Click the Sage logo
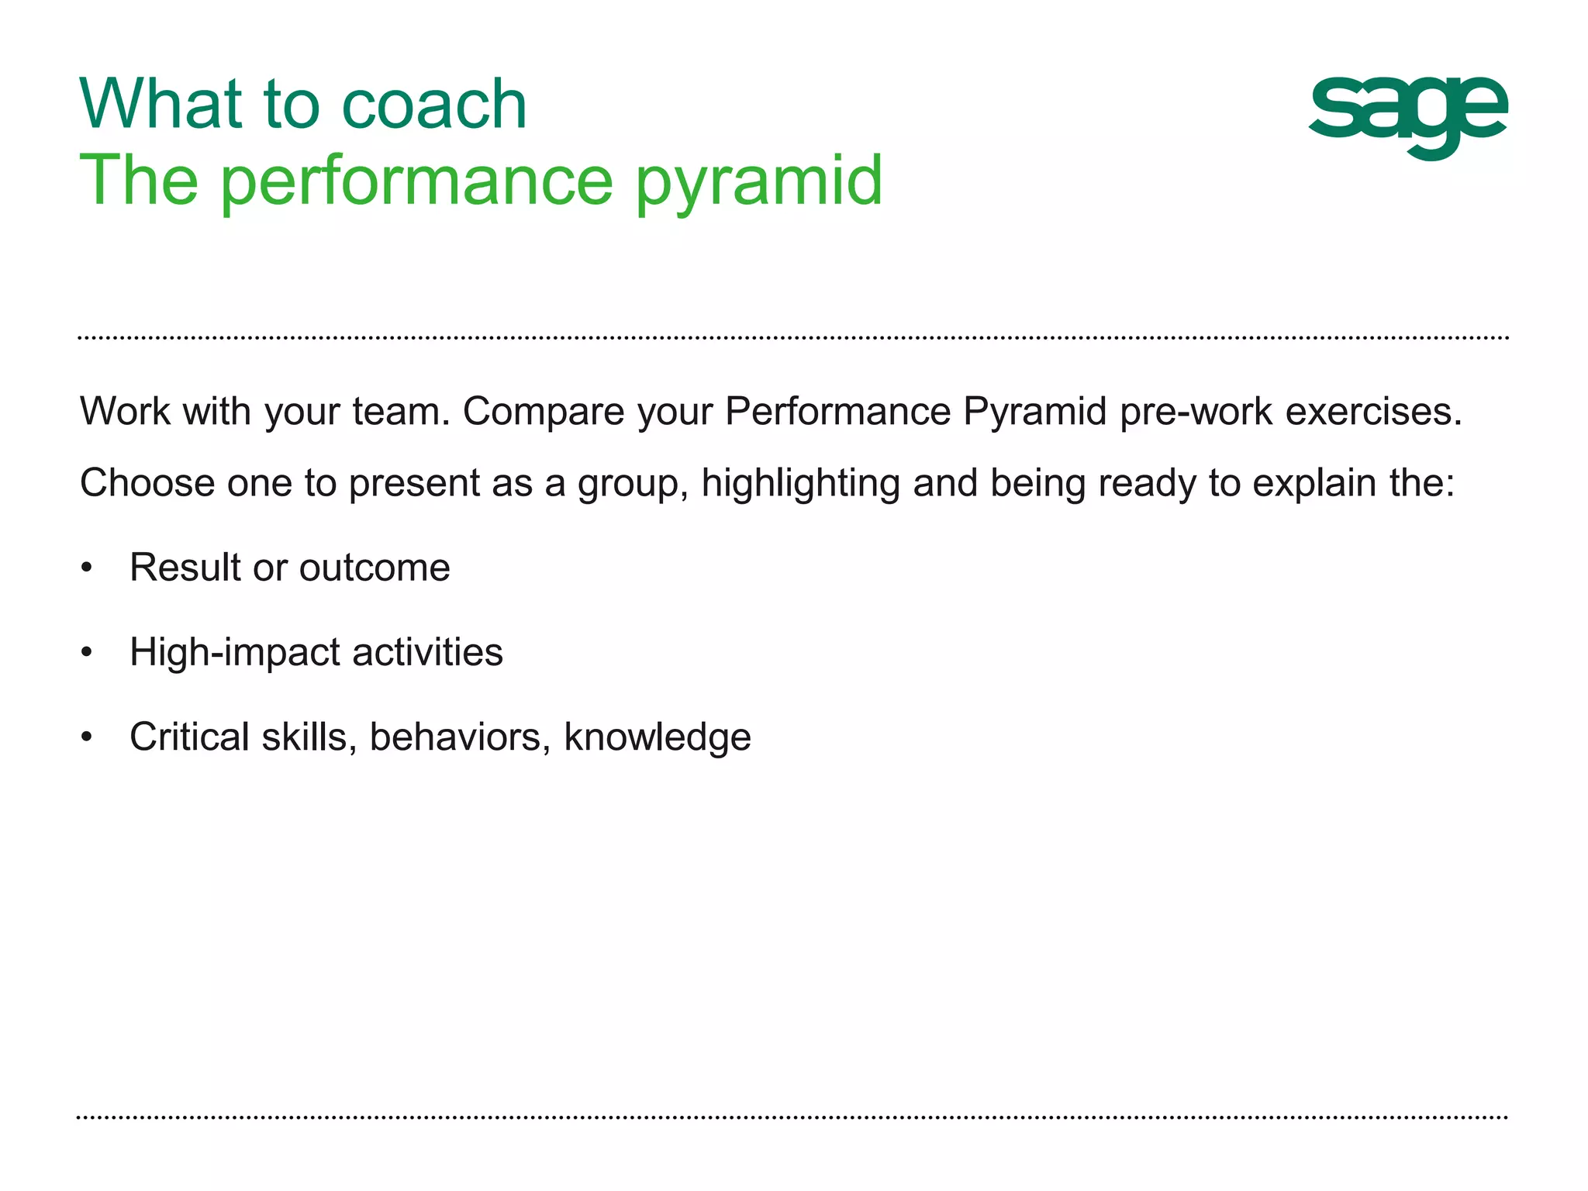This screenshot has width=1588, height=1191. point(1407,116)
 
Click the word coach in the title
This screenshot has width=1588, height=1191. point(434,105)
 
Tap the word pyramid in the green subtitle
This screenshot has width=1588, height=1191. point(759,182)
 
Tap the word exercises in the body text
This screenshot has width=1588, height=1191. point(1373,412)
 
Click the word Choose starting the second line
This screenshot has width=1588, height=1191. point(147,483)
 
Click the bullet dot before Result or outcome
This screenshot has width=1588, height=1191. point(87,568)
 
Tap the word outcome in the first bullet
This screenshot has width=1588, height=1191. point(375,568)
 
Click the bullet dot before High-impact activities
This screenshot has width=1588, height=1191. point(87,653)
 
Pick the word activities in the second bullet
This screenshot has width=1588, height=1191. point(427,652)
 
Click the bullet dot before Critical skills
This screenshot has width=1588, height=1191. point(87,737)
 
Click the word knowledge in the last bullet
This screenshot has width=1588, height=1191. point(657,738)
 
